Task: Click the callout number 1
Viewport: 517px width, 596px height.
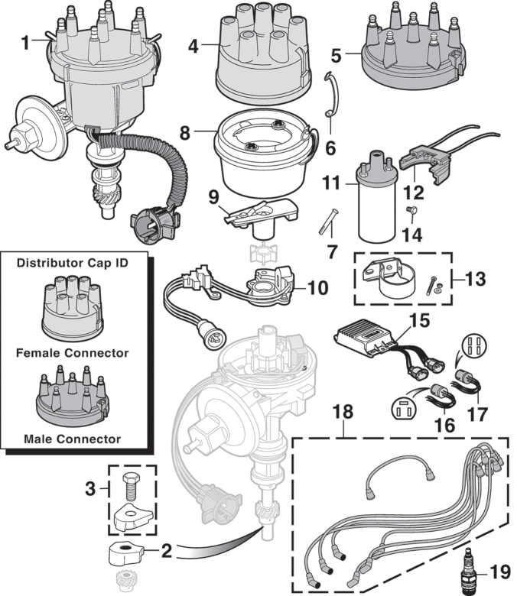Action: pyautogui.click(x=28, y=42)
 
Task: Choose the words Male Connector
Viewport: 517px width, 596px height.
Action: pyautogui.click(x=73, y=439)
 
